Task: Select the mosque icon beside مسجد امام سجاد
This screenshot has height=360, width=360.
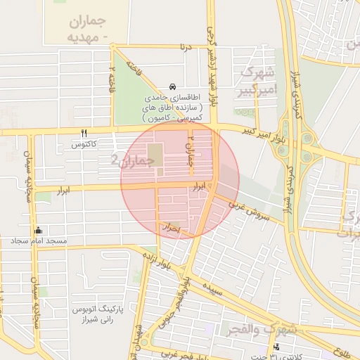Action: (x=38, y=230)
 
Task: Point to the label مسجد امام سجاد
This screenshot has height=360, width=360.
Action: (x=39, y=241)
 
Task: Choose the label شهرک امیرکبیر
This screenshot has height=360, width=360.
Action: (x=259, y=81)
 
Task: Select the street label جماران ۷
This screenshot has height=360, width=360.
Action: (x=190, y=147)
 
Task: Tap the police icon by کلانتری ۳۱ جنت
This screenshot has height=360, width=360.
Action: (x=276, y=347)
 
